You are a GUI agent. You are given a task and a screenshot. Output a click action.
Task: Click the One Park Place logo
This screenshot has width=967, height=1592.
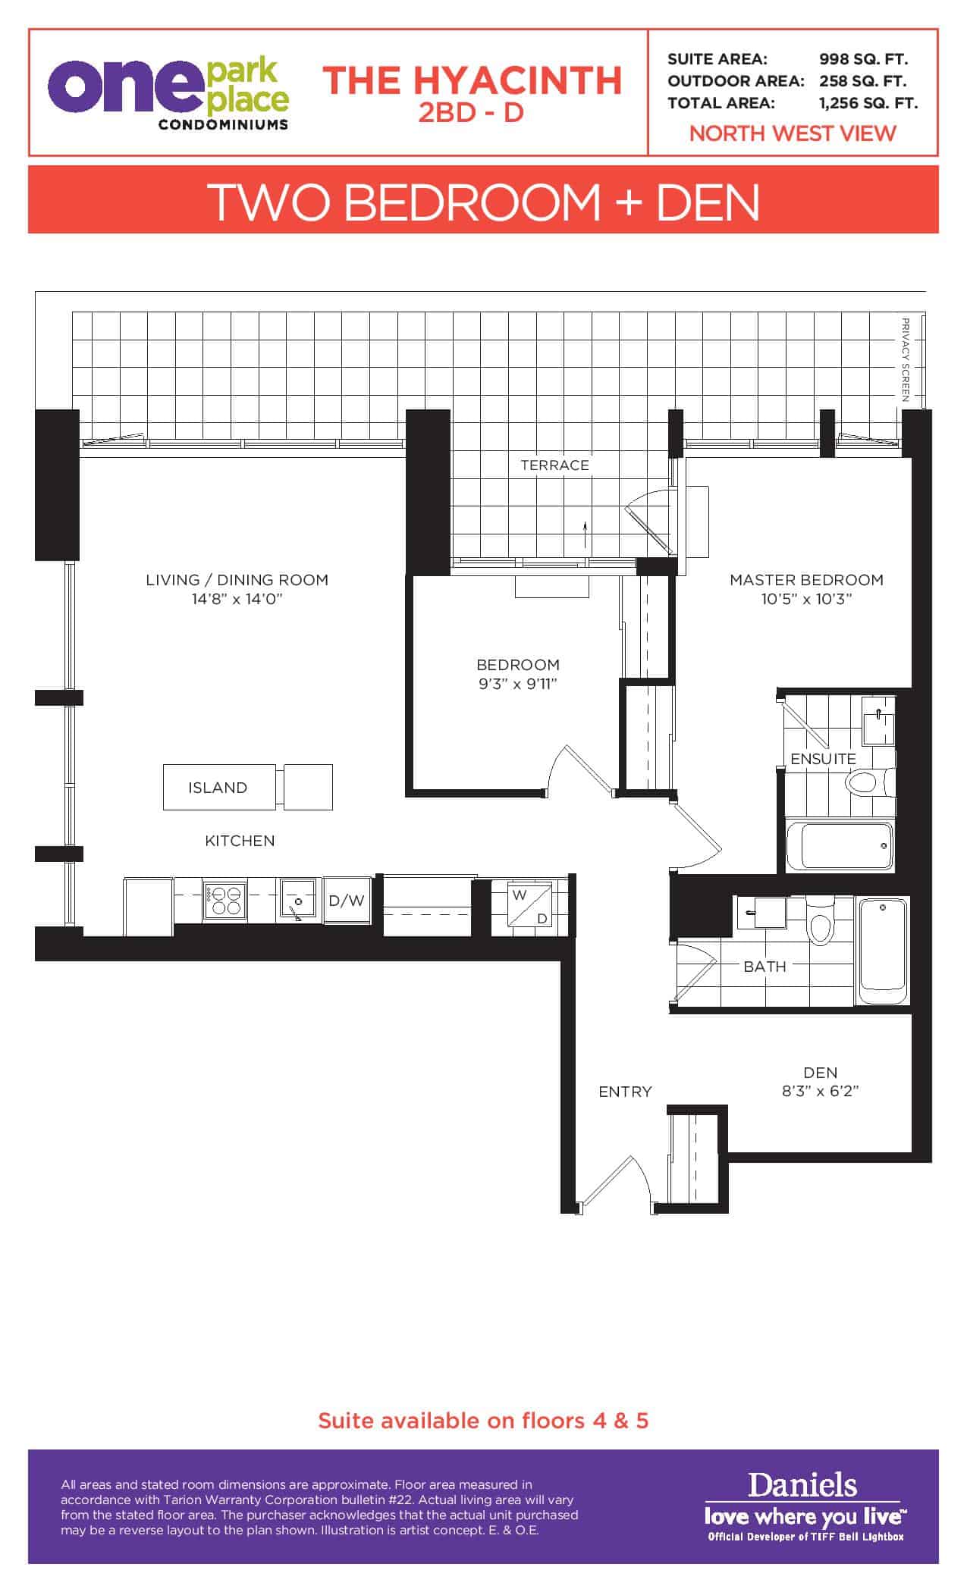coord(168,94)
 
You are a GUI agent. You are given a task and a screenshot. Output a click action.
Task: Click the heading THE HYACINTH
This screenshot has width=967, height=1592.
coord(472,80)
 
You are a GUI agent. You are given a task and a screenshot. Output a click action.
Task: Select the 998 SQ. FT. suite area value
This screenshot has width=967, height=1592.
coord(864,59)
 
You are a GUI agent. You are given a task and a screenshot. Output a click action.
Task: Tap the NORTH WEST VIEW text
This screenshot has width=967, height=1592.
coord(793,133)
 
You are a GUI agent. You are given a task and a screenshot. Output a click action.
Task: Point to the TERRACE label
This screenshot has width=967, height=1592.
coord(554,465)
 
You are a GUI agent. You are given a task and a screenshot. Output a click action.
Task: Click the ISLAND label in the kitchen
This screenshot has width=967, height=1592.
coord(218,788)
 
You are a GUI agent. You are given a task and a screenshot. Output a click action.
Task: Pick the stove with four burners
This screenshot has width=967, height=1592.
coord(225,901)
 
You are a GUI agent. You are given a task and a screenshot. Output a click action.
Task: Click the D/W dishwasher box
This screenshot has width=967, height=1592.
coord(347,901)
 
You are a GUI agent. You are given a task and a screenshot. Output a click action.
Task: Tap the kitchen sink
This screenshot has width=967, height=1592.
coord(298,901)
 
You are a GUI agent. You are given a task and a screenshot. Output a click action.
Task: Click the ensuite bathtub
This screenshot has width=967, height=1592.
coord(840,845)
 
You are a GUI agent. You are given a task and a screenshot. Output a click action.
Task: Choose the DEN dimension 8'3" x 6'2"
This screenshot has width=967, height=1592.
coord(820,1092)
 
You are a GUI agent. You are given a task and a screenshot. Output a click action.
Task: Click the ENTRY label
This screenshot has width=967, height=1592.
coord(625,1092)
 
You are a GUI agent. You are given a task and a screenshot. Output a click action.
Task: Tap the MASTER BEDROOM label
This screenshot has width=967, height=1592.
coord(806,580)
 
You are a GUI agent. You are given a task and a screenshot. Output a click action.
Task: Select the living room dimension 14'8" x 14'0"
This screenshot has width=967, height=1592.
coord(237,599)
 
